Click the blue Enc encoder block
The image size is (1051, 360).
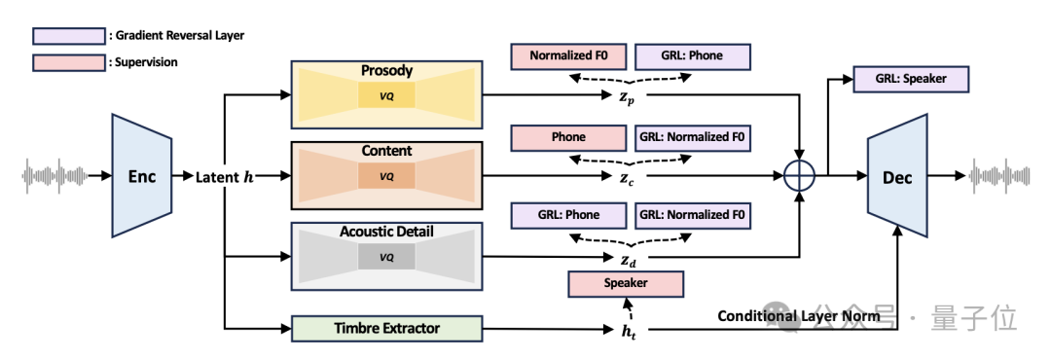(x=141, y=176)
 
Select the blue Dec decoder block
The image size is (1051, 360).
(x=897, y=176)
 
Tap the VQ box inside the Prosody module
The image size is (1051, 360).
(x=386, y=95)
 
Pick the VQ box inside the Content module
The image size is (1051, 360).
(x=386, y=176)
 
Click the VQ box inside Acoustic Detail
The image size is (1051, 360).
(x=386, y=257)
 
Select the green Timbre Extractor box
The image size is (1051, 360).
(x=386, y=329)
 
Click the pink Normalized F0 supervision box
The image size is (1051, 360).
(x=568, y=56)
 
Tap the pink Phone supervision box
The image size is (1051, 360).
(x=568, y=137)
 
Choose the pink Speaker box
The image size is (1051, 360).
(x=626, y=283)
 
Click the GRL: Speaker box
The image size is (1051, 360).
(x=910, y=79)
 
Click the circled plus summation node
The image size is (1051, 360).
(x=799, y=176)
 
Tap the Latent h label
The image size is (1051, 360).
(x=225, y=177)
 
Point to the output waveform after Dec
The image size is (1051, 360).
(x=1002, y=176)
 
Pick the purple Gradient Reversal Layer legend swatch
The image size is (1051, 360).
(x=68, y=36)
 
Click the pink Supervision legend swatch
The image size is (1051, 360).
(x=68, y=62)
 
